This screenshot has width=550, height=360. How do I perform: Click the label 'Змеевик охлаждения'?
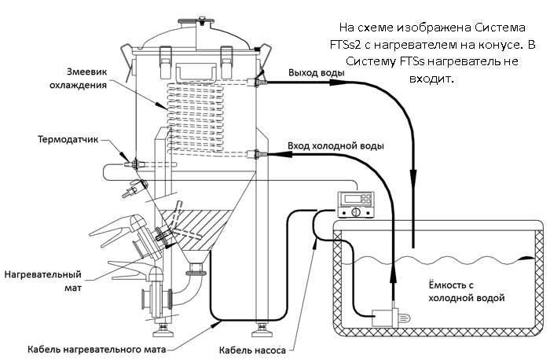click(x=78, y=79)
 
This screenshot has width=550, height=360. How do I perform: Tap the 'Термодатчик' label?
click(x=68, y=140)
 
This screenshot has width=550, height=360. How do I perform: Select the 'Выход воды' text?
click(x=317, y=72)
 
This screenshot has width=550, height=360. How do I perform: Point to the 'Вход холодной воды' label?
click(x=335, y=145)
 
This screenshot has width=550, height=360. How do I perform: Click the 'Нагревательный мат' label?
click(x=42, y=281)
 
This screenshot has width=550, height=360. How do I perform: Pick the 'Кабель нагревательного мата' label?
click(x=97, y=350)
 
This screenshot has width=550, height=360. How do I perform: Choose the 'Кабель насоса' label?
click(x=252, y=350)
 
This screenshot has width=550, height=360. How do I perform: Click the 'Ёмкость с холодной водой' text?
click(x=467, y=292)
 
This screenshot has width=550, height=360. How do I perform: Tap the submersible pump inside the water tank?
click(x=390, y=318)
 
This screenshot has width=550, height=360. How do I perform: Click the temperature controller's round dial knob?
click(x=356, y=212)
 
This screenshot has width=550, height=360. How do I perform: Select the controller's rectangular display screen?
click(x=354, y=199)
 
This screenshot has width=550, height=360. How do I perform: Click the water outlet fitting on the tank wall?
click(x=257, y=82)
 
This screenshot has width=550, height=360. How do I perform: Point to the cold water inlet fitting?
click(x=257, y=154)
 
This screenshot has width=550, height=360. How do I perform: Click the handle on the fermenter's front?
click(x=196, y=72)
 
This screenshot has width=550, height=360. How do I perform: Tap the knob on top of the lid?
click(x=202, y=20)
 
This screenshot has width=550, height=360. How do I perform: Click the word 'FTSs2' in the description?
click(x=345, y=45)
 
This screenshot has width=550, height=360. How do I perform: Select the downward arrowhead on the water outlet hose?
click(x=414, y=174)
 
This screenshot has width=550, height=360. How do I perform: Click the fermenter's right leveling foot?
click(x=262, y=329)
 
